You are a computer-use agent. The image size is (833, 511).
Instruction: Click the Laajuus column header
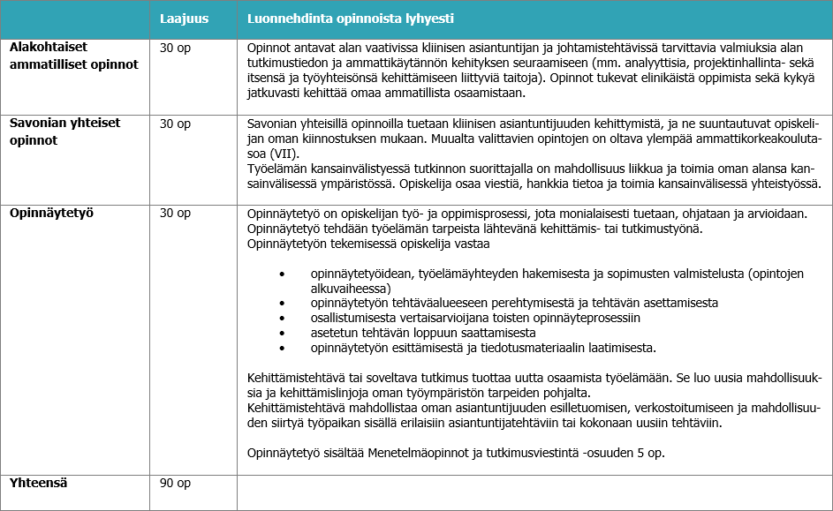point(185,19)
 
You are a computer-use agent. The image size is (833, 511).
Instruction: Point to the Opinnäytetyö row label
point(51,213)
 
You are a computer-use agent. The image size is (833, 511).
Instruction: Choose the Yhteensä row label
point(38,483)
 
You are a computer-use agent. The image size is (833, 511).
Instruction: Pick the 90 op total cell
point(175,483)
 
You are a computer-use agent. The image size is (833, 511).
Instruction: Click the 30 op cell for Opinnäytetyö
point(175,213)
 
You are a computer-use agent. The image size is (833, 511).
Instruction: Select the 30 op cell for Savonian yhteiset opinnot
point(175,124)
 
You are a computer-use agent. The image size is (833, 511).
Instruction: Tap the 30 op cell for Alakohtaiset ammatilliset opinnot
point(175,48)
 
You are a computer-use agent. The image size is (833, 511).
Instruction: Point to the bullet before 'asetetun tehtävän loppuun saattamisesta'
point(282,333)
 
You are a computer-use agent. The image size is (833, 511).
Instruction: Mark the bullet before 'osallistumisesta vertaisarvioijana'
point(282,318)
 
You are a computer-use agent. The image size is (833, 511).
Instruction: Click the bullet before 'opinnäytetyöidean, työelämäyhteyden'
point(282,274)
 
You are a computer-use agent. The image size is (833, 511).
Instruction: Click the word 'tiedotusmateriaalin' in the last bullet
point(510,348)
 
